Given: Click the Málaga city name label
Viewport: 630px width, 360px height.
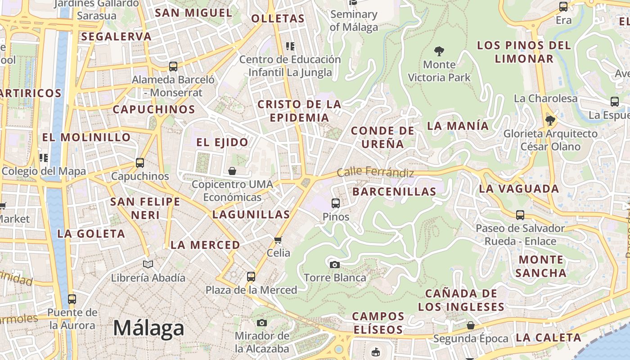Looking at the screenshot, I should [148, 328].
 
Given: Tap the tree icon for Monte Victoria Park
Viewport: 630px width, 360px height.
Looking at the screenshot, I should [439, 51].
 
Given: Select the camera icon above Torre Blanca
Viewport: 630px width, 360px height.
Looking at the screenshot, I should [334, 265].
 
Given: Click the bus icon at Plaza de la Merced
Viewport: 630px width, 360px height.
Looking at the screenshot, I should [251, 277].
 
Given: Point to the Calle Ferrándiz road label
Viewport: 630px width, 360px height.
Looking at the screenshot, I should [375, 172].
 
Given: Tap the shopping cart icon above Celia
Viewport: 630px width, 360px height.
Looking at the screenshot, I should [278, 240].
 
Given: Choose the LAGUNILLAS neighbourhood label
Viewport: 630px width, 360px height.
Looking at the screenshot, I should [251, 214].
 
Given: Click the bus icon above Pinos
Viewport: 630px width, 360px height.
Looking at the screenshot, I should [335, 203].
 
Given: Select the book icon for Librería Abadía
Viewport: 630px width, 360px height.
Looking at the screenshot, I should [148, 264].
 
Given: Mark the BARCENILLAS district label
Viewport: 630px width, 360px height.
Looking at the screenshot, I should [394, 191].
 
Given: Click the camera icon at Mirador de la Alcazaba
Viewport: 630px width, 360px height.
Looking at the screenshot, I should [262, 323].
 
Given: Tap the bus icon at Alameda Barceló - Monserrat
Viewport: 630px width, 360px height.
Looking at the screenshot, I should [173, 67].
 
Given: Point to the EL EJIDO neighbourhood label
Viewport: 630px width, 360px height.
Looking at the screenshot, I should [222, 142].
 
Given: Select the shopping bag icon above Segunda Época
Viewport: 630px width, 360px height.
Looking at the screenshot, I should [471, 325].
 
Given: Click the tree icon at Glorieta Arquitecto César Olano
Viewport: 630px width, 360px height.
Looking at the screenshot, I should [550, 120].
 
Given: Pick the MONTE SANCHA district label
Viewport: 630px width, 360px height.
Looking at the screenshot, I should [541, 266].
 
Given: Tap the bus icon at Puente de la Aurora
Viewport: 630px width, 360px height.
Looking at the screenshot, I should [72, 299].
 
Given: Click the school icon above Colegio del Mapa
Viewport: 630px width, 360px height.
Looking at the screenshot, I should [44, 157].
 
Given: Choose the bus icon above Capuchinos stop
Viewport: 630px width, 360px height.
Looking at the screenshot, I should [140, 163].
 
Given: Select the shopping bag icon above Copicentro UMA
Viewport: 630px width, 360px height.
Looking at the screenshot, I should [232, 171].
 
